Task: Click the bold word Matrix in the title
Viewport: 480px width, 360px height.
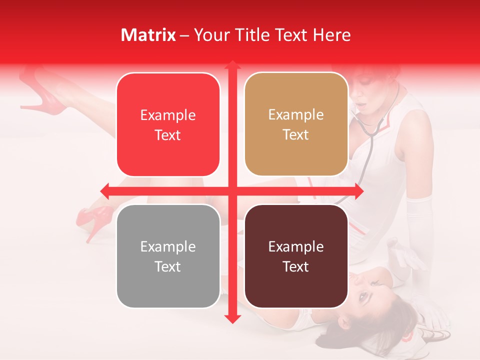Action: click(x=148, y=35)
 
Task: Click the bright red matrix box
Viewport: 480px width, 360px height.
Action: click(x=168, y=125)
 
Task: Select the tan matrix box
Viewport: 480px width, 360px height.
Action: click(x=296, y=124)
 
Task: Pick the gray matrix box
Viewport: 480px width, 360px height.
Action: click(x=168, y=256)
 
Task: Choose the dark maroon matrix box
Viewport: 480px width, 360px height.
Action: click(x=296, y=256)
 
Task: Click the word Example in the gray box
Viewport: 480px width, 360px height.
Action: click(x=168, y=246)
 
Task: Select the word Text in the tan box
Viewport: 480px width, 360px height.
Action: click(x=296, y=135)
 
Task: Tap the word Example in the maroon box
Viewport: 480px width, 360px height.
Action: click(x=296, y=246)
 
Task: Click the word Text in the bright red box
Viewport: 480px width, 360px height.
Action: click(x=168, y=135)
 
